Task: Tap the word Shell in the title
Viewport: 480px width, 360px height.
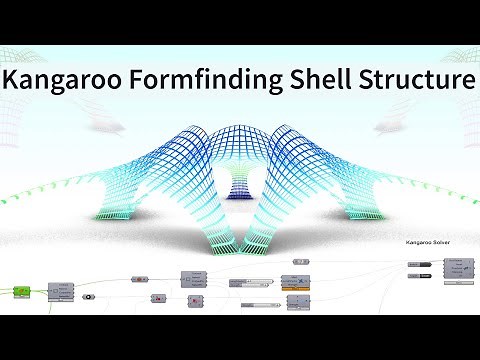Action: (x=330, y=80)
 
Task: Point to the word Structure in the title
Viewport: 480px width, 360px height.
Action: (x=420, y=80)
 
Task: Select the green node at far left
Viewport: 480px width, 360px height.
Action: (x=17, y=291)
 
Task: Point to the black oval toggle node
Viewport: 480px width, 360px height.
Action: (x=89, y=297)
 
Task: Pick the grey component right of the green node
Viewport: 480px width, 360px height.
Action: (x=62, y=290)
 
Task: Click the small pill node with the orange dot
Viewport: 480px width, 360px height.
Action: (x=140, y=280)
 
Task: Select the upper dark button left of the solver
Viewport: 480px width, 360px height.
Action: (x=413, y=264)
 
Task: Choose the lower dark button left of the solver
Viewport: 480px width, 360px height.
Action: (x=413, y=276)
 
